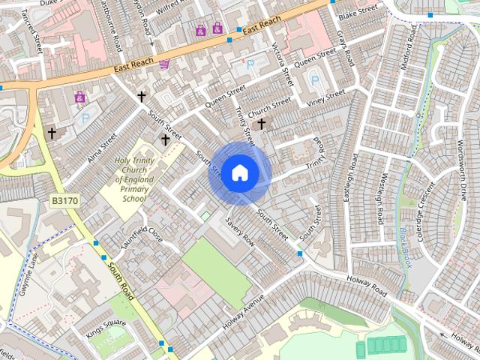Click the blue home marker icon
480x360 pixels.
tap(239, 172)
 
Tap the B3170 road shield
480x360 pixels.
tap(64, 201)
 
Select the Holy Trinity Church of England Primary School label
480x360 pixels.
tap(134, 180)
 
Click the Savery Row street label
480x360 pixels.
tap(240, 232)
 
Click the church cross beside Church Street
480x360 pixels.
tap(262, 123)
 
